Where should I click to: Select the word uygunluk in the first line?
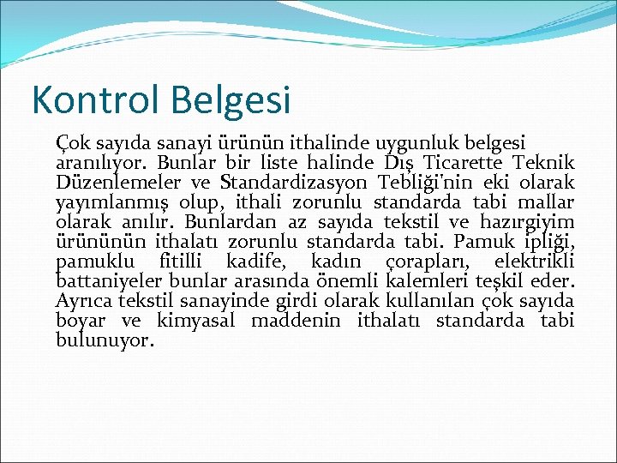coord(414,142)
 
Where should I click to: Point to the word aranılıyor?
coord(101,162)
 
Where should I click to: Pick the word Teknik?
coord(543,162)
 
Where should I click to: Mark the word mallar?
coord(542,201)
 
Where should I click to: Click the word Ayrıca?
coord(82,301)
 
